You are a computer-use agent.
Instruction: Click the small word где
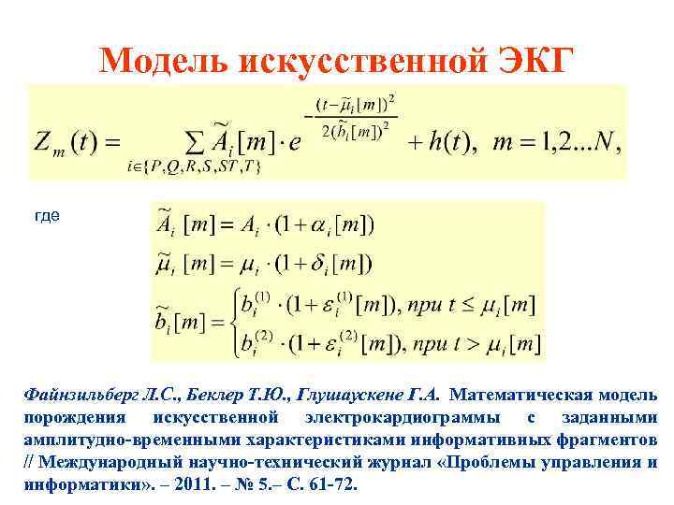pos(47,216)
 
